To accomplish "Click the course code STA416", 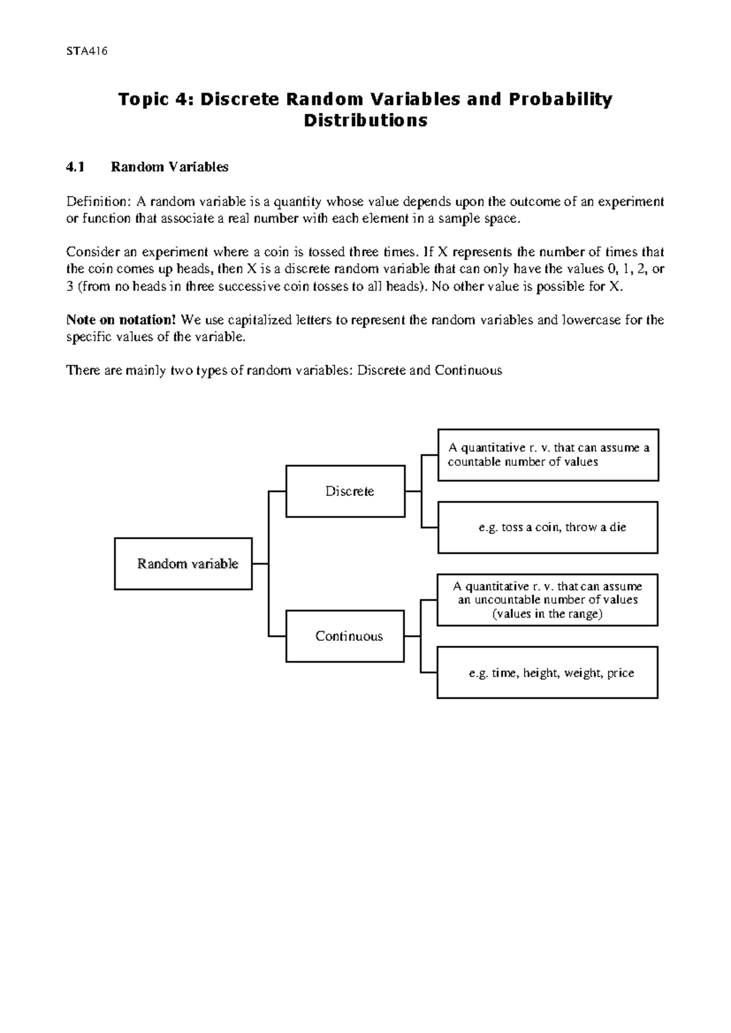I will click(x=87, y=51).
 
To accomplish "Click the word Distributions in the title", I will click(x=365, y=121).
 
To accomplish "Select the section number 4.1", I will click(x=76, y=167).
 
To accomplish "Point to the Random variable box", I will click(x=183, y=563).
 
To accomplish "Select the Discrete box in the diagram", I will click(x=345, y=491).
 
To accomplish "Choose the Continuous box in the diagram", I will click(x=345, y=636).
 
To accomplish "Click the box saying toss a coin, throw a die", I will click(x=548, y=527).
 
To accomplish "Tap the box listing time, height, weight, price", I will click(x=547, y=672).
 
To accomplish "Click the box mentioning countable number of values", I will click(x=548, y=454).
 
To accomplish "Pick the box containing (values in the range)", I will click(x=547, y=600).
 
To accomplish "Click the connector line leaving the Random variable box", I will click(x=260, y=563).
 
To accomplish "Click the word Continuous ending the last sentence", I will click(x=468, y=370).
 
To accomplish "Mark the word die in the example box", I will click(x=617, y=527).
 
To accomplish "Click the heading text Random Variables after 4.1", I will click(x=169, y=167).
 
